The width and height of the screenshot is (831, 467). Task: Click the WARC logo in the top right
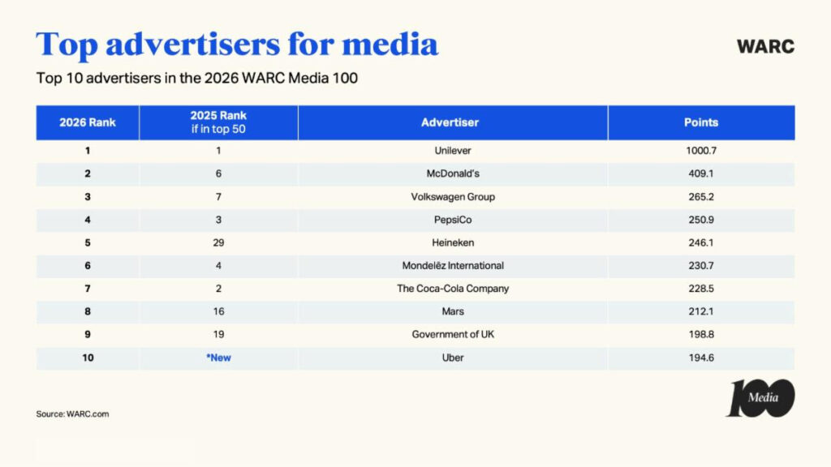click(x=765, y=46)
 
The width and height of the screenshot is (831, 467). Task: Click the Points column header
click(x=701, y=122)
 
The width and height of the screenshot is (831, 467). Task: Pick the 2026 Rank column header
click(x=88, y=122)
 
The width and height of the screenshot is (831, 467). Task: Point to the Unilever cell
click(x=453, y=151)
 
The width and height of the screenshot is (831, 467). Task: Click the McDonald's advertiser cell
click(x=453, y=174)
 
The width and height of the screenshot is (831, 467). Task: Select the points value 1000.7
click(x=701, y=151)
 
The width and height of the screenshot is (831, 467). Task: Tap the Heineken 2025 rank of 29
click(x=218, y=242)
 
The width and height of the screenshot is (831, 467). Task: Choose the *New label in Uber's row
click(x=218, y=358)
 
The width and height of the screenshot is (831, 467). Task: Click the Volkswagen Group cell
click(x=453, y=197)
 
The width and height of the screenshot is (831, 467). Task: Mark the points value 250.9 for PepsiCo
click(x=701, y=220)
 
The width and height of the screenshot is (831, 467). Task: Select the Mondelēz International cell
click(x=453, y=266)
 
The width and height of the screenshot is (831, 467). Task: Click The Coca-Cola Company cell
click(x=453, y=289)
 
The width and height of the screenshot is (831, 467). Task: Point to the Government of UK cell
click(x=453, y=335)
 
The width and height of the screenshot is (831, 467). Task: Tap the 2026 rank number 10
click(x=88, y=358)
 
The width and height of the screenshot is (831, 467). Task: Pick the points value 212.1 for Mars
click(x=701, y=311)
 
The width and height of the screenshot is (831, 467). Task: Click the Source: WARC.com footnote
click(x=72, y=414)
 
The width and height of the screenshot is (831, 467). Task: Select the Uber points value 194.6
click(x=701, y=358)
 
